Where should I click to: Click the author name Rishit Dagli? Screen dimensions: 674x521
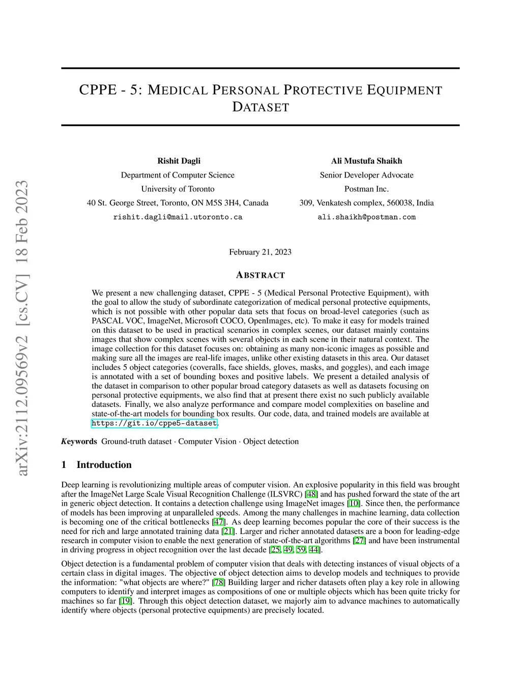tap(179, 161)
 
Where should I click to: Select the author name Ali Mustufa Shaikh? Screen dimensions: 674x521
tap(366, 161)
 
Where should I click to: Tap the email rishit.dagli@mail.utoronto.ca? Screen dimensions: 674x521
tap(178, 217)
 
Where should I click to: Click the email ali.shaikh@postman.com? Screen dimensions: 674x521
tap(366, 217)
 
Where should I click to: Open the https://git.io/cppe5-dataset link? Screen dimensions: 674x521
tap(154, 423)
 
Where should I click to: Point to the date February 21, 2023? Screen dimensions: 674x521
tap(260, 252)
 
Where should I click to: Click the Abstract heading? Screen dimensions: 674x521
tap(260, 275)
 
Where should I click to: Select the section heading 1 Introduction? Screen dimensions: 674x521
tap(104, 465)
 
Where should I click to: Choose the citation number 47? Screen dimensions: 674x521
tap(218, 522)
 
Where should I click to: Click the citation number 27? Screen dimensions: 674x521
tap(359, 541)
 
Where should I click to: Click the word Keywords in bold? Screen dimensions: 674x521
tap(79, 442)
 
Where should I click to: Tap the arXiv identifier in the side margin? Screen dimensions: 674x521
tap(21, 328)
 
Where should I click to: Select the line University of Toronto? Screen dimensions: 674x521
tap(178, 189)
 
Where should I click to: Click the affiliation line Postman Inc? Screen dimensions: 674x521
tap(366, 189)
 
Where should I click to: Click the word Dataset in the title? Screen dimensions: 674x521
tap(260, 107)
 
